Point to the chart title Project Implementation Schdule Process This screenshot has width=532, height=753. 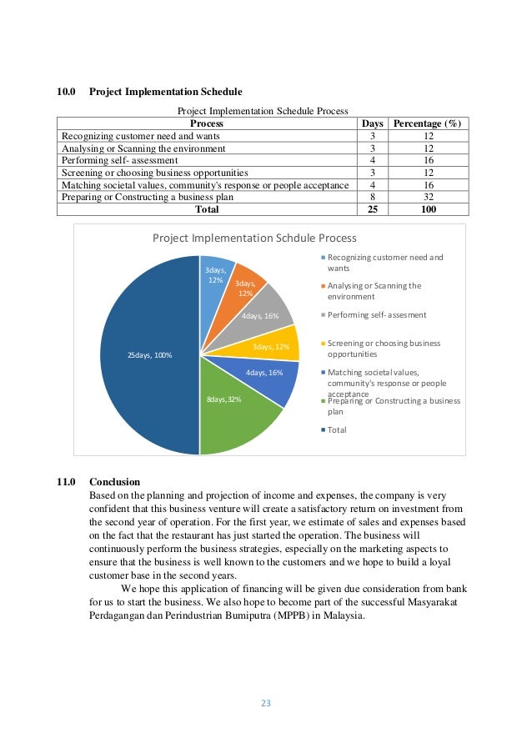coord(254,238)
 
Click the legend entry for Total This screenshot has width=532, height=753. coord(337,429)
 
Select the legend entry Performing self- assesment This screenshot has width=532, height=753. coord(376,314)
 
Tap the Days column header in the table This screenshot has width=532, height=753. coord(372,123)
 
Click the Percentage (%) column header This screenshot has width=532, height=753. coord(427,123)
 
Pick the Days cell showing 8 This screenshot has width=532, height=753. coord(372,197)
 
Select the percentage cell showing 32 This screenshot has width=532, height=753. coord(427,197)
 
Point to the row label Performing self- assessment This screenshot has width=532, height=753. coord(118,160)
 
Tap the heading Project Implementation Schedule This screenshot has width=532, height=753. coord(166,91)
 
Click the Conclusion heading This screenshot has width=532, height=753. coord(115,481)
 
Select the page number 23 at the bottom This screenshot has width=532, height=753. coord(266,702)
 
